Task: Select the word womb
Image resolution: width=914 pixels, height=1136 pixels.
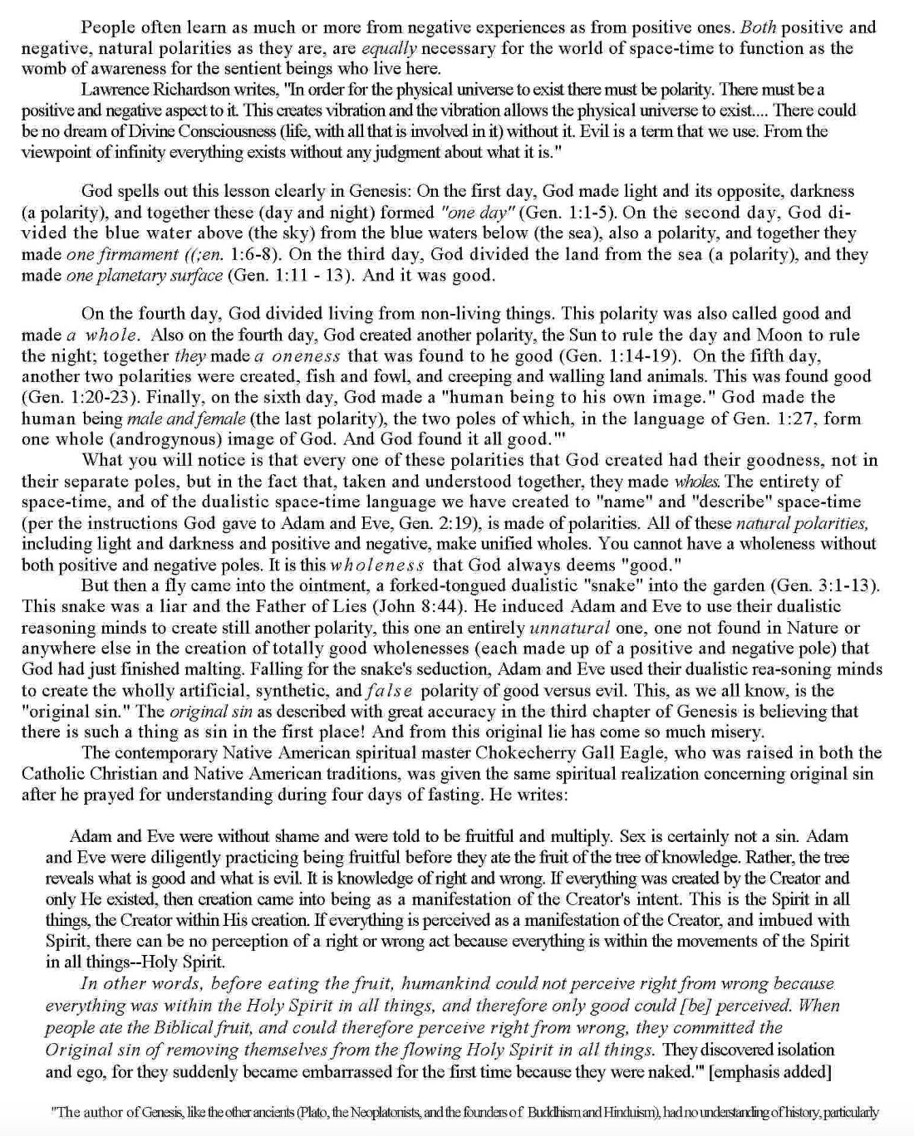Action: pos(41,69)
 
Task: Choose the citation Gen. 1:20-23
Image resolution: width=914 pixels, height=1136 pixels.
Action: pos(82,398)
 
